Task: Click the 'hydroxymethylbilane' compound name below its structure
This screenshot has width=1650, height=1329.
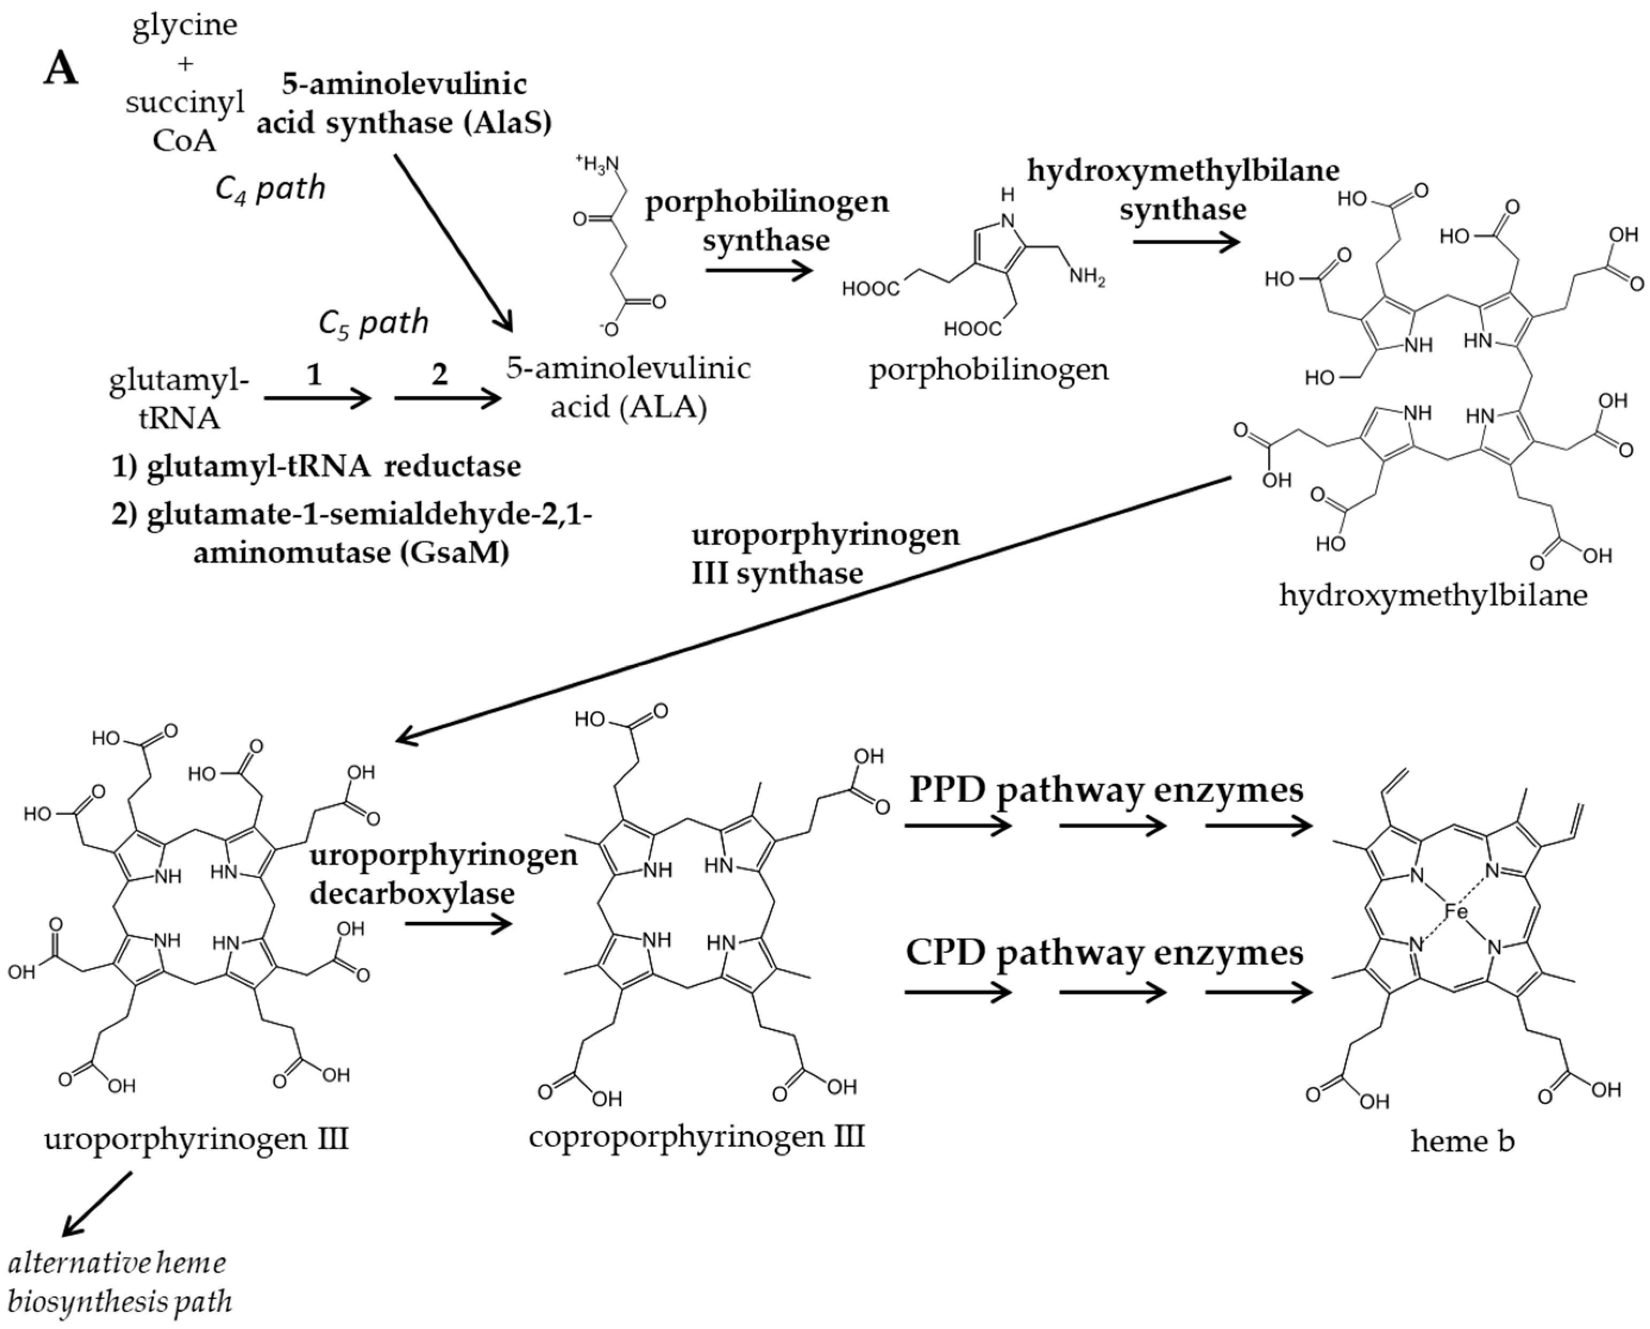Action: pos(1433,595)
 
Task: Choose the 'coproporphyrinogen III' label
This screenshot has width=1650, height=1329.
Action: pos(697,1137)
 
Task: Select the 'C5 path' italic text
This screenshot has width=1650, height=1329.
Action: pos(374,323)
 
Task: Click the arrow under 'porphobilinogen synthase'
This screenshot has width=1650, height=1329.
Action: pos(758,270)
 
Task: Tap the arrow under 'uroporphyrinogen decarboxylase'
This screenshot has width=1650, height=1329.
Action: pos(458,924)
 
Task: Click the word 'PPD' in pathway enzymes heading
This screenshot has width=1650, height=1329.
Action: pos(947,789)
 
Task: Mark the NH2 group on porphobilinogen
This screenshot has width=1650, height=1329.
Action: pos(1087,276)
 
